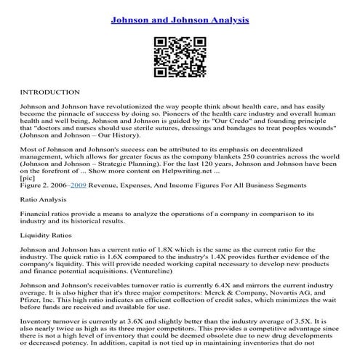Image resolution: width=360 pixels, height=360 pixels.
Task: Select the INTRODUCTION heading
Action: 49,93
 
